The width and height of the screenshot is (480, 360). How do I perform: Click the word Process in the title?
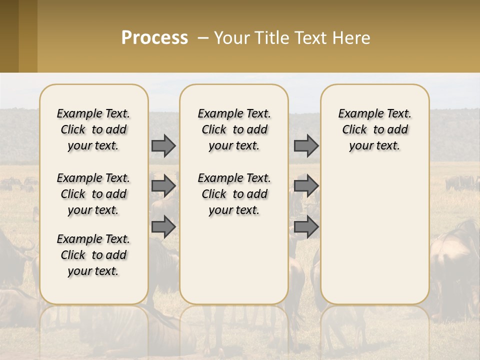pos(154,38)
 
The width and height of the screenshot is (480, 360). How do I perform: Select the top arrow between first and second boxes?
pos(163,146)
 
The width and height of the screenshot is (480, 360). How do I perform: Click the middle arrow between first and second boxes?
pos(163,186)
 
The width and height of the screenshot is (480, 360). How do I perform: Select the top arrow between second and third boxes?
pos(306,146)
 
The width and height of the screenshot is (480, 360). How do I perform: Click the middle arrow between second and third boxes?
pos(306,186)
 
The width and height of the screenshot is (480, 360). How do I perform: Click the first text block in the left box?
pos(93,129)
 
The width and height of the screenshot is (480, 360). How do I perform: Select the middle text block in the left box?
pos(93,194)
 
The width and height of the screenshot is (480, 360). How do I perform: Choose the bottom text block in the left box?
pos(93,255)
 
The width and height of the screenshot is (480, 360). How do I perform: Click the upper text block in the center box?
pos(234,129)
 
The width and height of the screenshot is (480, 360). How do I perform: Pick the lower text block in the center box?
pos(234,194)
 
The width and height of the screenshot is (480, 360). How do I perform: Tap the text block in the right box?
pos(374,129)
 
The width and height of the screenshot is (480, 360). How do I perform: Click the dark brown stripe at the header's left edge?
pos(9,36)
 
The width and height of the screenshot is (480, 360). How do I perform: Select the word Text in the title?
pos(310,38)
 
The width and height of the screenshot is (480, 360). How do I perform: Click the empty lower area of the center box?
pos(234,260)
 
